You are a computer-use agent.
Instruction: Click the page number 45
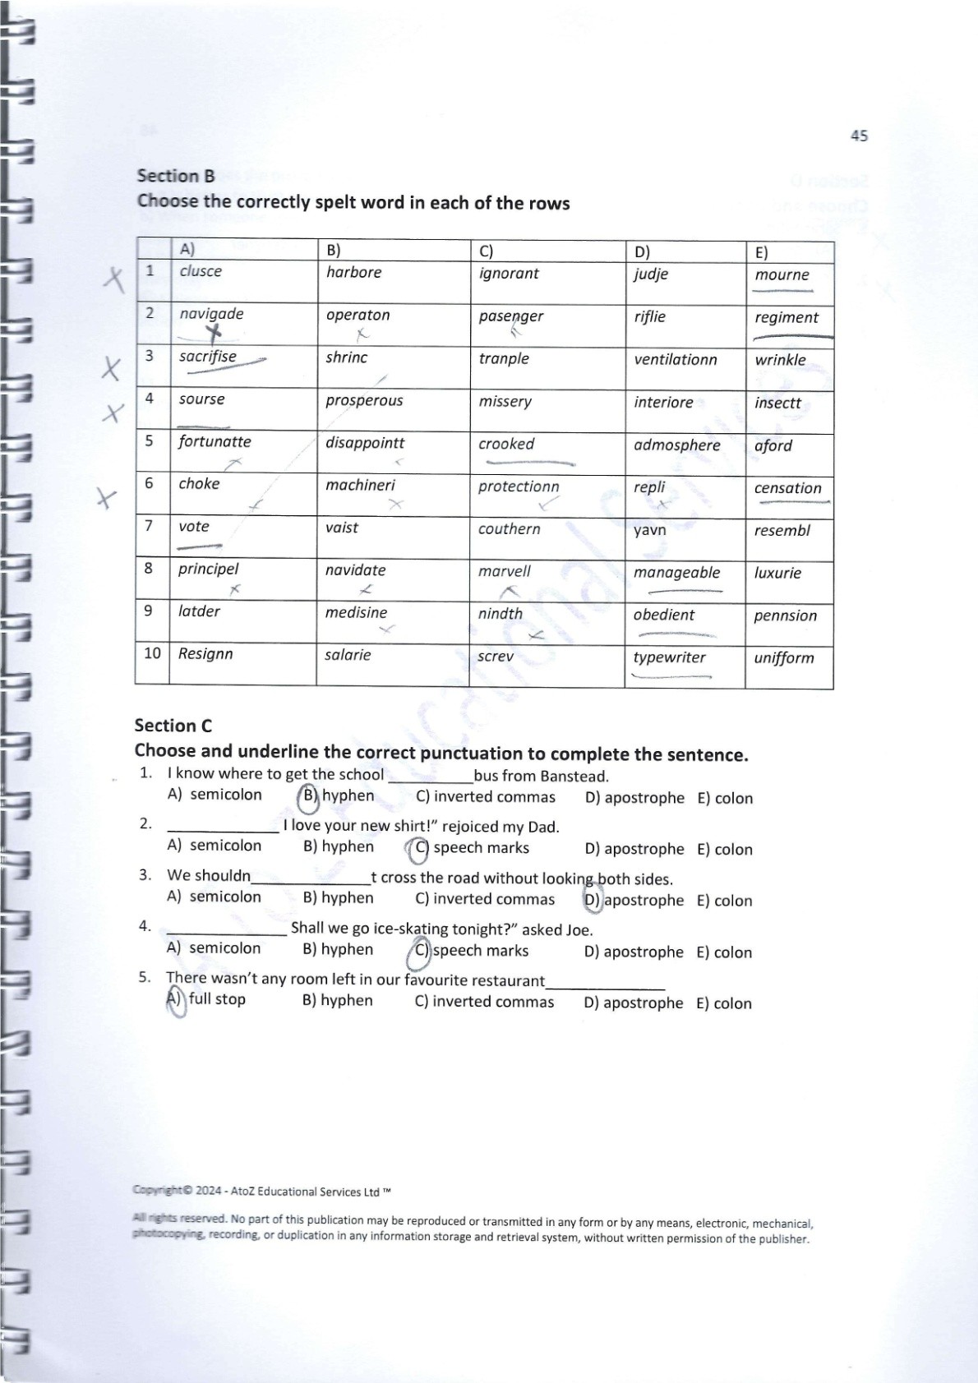(859, 136)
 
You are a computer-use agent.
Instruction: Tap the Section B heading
(175, 176)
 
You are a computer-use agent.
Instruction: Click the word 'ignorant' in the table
(509, 274)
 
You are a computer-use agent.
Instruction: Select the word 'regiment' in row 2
(786, 317)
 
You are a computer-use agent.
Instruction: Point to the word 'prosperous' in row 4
(364, 401)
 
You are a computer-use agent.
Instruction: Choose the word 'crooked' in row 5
(506, 444)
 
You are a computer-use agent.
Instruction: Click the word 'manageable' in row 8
(676, 573)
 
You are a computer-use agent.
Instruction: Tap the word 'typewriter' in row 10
(669, 657)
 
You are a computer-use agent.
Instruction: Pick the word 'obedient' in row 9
(663, 615)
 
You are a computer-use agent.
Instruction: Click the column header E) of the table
(761, 252)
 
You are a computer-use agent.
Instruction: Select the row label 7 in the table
(149, 526)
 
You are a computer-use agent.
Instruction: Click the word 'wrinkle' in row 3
(780, 360)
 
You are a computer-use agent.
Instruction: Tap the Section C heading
(173, 726)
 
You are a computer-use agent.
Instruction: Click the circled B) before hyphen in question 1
(309, 795)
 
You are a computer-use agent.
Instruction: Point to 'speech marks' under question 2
(481, 848)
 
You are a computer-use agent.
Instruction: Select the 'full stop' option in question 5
(217, 999)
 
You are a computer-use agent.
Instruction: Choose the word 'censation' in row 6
(787, 488)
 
